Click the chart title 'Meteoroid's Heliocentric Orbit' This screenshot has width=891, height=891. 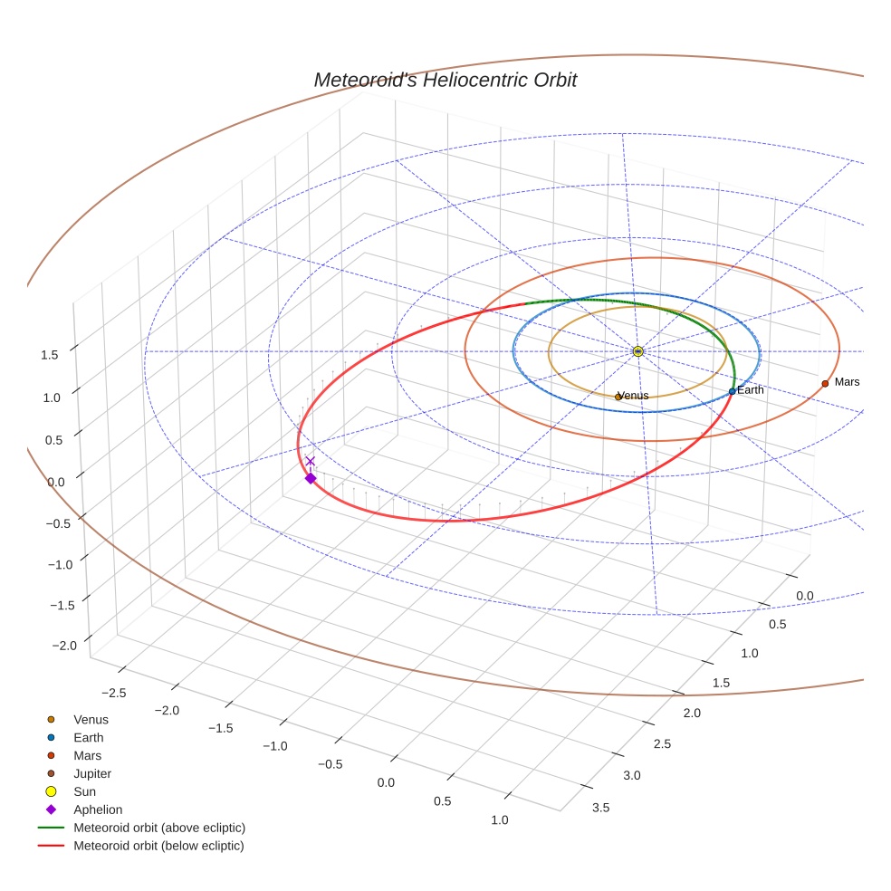pos(445,80)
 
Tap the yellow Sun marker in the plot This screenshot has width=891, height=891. pos(637,351)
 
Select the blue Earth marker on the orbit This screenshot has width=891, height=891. pos(732,391)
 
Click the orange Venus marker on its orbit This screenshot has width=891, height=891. pos(618,397)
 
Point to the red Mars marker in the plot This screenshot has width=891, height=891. pos(825,383)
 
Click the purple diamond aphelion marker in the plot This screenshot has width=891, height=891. pos(311,478)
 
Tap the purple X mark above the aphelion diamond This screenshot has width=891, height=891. pos(311,461)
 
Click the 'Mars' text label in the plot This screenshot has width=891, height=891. pos(847,382)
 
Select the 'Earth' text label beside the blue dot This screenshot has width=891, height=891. pos(751,390)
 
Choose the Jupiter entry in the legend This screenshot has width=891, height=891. pos(91,773)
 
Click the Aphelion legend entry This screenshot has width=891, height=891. pos(97,810)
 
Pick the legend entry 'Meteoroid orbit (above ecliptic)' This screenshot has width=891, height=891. pos(159,828)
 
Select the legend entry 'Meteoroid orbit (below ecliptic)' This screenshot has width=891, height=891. pos(158,846)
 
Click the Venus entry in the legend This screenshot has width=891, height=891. pos(91,719)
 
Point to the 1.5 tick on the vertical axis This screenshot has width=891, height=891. pos(50,355)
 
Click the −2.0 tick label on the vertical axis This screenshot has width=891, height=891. pos(66,645)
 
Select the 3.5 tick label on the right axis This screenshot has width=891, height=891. pos(600,808)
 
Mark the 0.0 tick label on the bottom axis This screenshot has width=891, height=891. pos(387,781)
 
